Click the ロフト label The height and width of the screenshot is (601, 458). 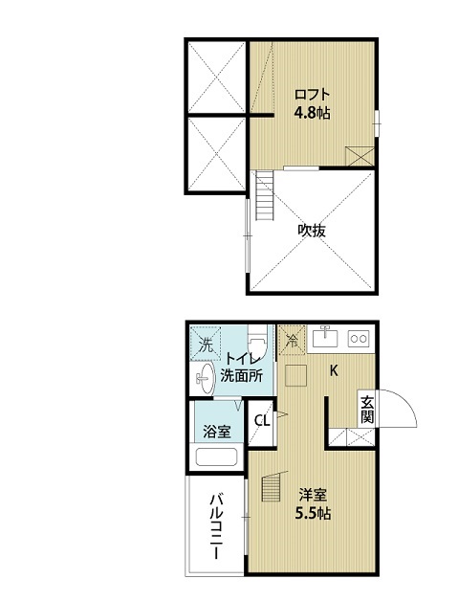312,95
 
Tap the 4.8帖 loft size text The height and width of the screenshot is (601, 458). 312,113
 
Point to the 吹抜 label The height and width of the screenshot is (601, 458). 312,231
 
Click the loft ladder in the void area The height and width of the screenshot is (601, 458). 265,195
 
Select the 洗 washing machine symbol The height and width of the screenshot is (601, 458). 206,343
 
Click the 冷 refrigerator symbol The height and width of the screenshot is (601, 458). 293,340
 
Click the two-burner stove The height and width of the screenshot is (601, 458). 359,339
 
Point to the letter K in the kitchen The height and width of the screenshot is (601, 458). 334,370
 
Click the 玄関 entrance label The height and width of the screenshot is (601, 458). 366,410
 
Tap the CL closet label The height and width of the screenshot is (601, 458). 262,420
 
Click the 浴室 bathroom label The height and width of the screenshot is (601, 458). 217,432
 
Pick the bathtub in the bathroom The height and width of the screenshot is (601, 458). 216,456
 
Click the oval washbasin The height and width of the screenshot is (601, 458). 207,379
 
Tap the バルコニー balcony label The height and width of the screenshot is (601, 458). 216,527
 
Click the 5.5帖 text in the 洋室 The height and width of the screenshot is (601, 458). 313,513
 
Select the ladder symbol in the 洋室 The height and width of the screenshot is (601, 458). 272,488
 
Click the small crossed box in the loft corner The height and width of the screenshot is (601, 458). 360,156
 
